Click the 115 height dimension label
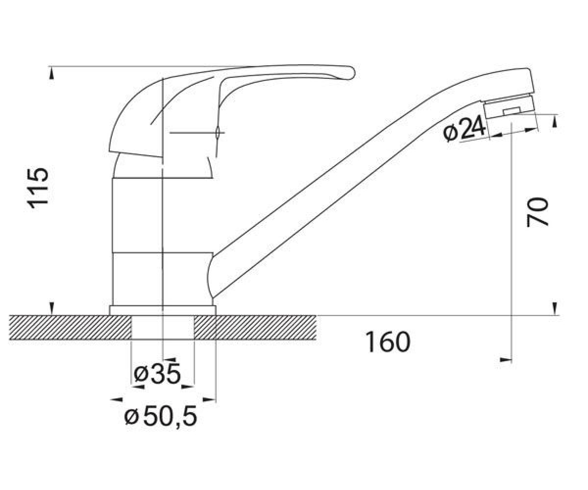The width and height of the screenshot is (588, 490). click(x=37, y=188)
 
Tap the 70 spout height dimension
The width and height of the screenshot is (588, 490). click(x=538, y=212)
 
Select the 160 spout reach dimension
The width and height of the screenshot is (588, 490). click(x=388, y=342)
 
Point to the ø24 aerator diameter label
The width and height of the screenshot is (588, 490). click(x=464, y=130)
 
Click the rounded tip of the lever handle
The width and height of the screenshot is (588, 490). click(x=351, y=73)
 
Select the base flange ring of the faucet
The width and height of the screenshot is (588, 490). click(x=163, y=310)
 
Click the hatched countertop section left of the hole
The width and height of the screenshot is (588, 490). click(x=71, y=327)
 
